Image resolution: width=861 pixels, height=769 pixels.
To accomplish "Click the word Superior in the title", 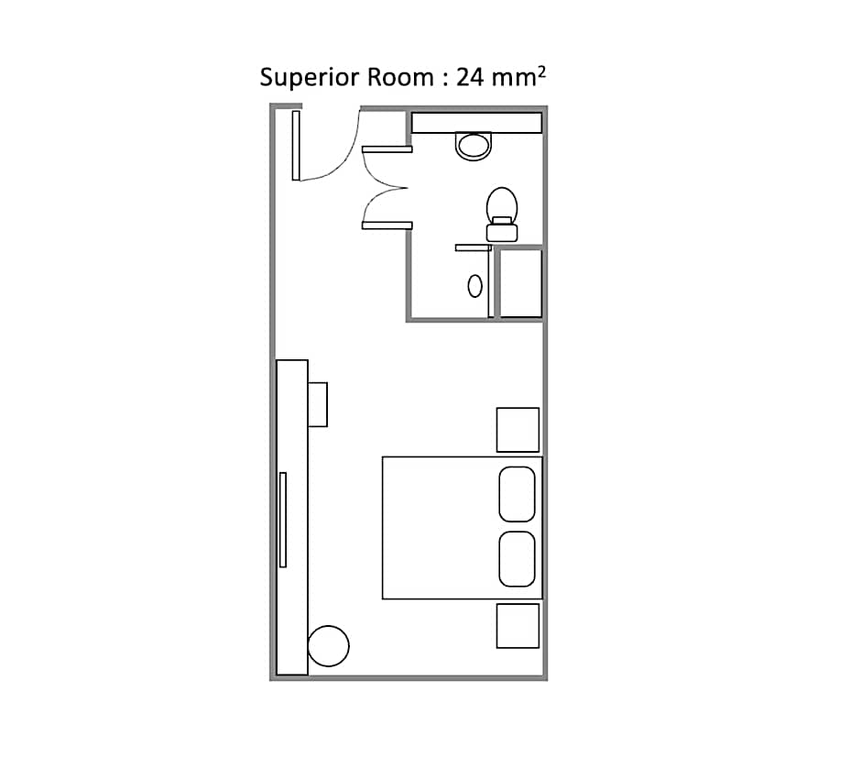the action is pyautogui.click(x=309, y=78).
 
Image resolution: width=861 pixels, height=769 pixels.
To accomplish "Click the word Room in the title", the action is pyautogui.click(x=400, y=77).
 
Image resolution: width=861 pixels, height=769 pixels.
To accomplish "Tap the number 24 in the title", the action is pyautogui.click(x=470, y=77).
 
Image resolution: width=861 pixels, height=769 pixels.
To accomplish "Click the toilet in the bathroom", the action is pyautogui.click(x=502, y=214).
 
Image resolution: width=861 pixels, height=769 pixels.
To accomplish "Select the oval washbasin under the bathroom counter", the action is pyautogui.click(x=473, y=146).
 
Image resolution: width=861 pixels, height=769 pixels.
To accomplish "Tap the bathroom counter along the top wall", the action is pyautogui.click(x=476, y=123).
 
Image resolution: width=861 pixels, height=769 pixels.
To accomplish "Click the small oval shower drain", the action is pyautogui.click(x=475, y=286).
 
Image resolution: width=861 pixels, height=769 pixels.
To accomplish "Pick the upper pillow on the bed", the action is pyautogui.click(x=517, y=494).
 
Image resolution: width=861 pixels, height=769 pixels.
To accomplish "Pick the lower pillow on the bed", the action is pyautogui.click(x=517, y=558).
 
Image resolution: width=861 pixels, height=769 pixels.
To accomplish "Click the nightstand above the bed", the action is pyautogui.click(x=518, y=430).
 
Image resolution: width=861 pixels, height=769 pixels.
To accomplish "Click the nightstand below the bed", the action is pyautogui.click(x=518, y=626).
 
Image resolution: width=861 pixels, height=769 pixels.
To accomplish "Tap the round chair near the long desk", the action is pyautogui.click(x=328, y=646).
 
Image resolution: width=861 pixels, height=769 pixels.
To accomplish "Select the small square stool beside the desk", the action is pyautogui.click(x=318, y=404).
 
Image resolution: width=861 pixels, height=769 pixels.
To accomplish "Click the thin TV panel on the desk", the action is pyautogui.click(x=283, y=520).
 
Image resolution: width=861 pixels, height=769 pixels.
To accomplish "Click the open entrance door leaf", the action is pyautogui.click(x=296, y=146).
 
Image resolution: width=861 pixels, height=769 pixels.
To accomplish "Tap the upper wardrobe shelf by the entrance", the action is pyautogui.click(x=387, y=149).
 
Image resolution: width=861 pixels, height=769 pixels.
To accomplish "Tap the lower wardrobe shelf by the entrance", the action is pyautogui.click(x=387, y=225).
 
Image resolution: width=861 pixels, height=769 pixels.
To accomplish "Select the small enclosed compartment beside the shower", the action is pyautogui.click(x=520, y=283).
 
